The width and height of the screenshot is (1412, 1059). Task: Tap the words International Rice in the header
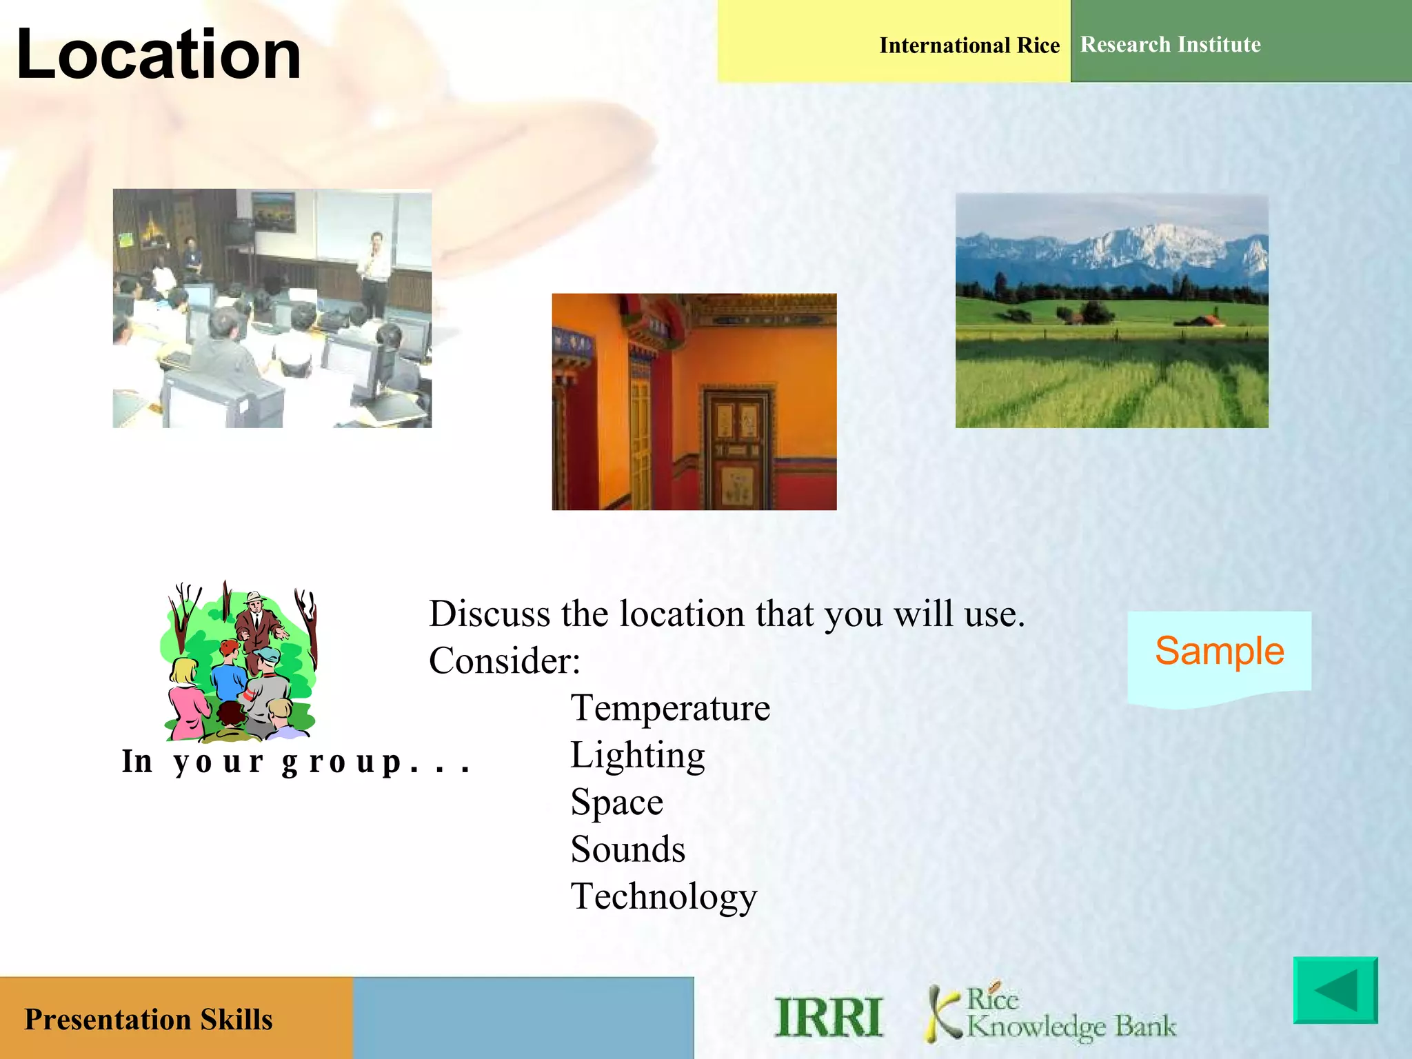pos(969,46)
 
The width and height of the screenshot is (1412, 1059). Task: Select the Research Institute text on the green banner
pos(1170,45)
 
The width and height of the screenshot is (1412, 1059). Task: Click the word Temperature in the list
pos(669,708)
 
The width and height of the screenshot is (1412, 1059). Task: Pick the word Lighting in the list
pos(637,755)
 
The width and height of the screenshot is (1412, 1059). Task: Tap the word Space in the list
pos(616,803)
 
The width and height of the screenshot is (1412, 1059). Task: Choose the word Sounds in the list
pos(627,849)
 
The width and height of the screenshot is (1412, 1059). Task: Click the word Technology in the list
pos(663,897)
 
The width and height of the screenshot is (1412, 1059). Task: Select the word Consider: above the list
pos(504,661)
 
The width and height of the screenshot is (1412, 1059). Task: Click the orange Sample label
pos(1219,651)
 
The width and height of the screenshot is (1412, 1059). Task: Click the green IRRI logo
pos(828,1018)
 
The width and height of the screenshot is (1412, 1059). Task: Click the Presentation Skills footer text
pos(148,1020)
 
